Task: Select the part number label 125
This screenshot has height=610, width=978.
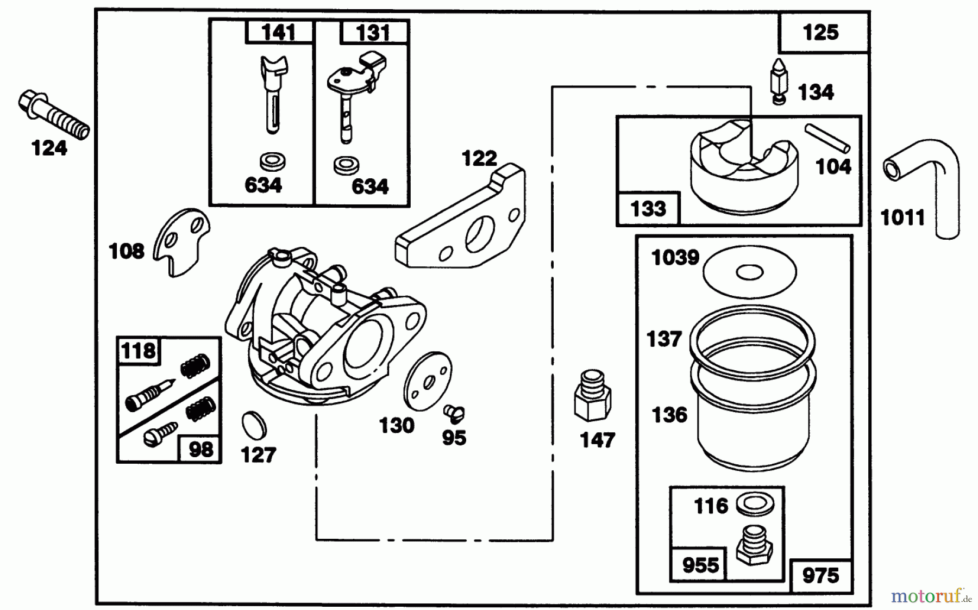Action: pyautogui.click(x=820, y=33)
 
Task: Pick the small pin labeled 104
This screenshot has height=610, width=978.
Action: pyautogui.click(x=827, y=138)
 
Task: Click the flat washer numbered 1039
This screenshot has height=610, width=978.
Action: pyautogui.click(x=750, y=272)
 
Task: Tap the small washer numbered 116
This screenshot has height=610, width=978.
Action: pyautogui.click(x=755, y=505)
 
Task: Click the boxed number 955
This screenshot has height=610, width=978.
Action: pyautogui.click(x=700, y=565)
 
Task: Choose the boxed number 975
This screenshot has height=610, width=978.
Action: pyautogui.click(x=820, y=575)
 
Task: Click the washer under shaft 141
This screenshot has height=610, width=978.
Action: pyautogui.click(x=273, y=161)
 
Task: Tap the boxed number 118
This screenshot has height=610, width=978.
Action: pyautogui.click(x=138, y=351)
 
